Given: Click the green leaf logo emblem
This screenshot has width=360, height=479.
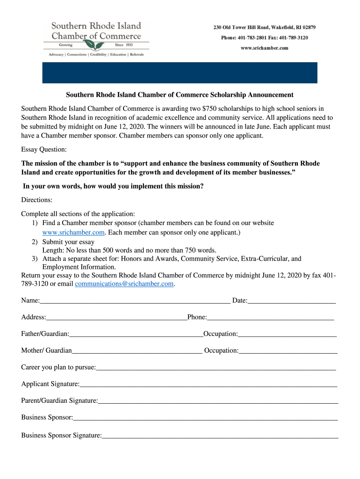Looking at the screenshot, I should click(96, 45).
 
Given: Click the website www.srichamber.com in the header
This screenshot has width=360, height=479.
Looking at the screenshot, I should click(265, 48).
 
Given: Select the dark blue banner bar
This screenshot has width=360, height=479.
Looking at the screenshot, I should click(180, 73).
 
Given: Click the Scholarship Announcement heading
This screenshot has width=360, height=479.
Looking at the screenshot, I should click(180, 95).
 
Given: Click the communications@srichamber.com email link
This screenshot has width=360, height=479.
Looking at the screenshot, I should click(124, 284).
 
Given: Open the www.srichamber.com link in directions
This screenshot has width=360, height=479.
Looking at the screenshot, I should click(73, 232).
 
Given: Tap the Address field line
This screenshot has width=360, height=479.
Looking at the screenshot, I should click(116, 319).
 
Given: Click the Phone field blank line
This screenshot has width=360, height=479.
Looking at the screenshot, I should click(270, 319).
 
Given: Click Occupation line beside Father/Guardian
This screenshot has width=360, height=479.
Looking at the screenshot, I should click(287, 335).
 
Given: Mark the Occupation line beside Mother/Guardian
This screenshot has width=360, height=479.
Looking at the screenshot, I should click(288, 352).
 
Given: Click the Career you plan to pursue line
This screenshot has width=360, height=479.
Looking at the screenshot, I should click(216, 369).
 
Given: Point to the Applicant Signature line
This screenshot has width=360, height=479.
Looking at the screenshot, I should click(208, 385).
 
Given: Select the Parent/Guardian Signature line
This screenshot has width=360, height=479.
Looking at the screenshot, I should click(218, 402).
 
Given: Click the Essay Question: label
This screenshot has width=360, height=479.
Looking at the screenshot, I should click(44, 150).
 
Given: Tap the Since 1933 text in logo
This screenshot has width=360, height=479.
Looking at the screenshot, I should click(123, 45).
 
